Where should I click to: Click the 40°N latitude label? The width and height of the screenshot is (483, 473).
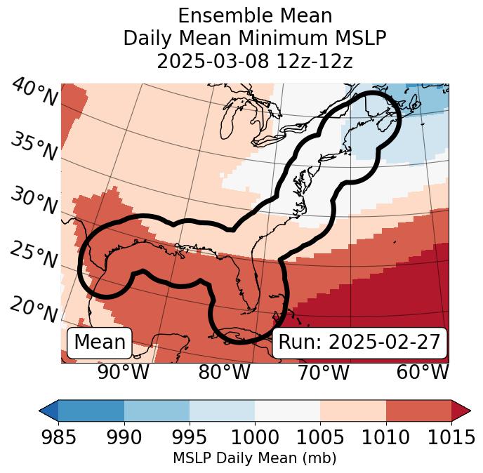[34, 93]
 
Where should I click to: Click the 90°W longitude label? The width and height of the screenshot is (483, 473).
[124, 371]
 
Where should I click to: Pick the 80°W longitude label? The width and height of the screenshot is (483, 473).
[224, 371]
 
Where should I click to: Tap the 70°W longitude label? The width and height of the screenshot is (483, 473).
[323, 371]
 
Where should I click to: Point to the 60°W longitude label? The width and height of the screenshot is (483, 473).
[422, 371]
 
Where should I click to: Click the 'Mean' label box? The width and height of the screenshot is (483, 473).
[100, 342]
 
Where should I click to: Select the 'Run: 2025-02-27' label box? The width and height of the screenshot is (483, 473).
[359, 342]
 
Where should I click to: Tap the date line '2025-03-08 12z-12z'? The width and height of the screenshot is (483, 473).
[255, 61]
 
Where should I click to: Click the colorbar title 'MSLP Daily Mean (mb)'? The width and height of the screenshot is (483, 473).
[255, 458]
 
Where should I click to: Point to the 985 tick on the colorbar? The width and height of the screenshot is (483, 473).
[58, 437]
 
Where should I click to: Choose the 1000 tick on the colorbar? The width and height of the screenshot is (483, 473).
[255, 437]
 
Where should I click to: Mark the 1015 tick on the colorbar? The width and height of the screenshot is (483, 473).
[451, 437]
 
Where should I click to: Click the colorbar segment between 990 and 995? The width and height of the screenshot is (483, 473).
[157, 411]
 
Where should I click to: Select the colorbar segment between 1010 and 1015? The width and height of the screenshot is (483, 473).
[418, 411]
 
